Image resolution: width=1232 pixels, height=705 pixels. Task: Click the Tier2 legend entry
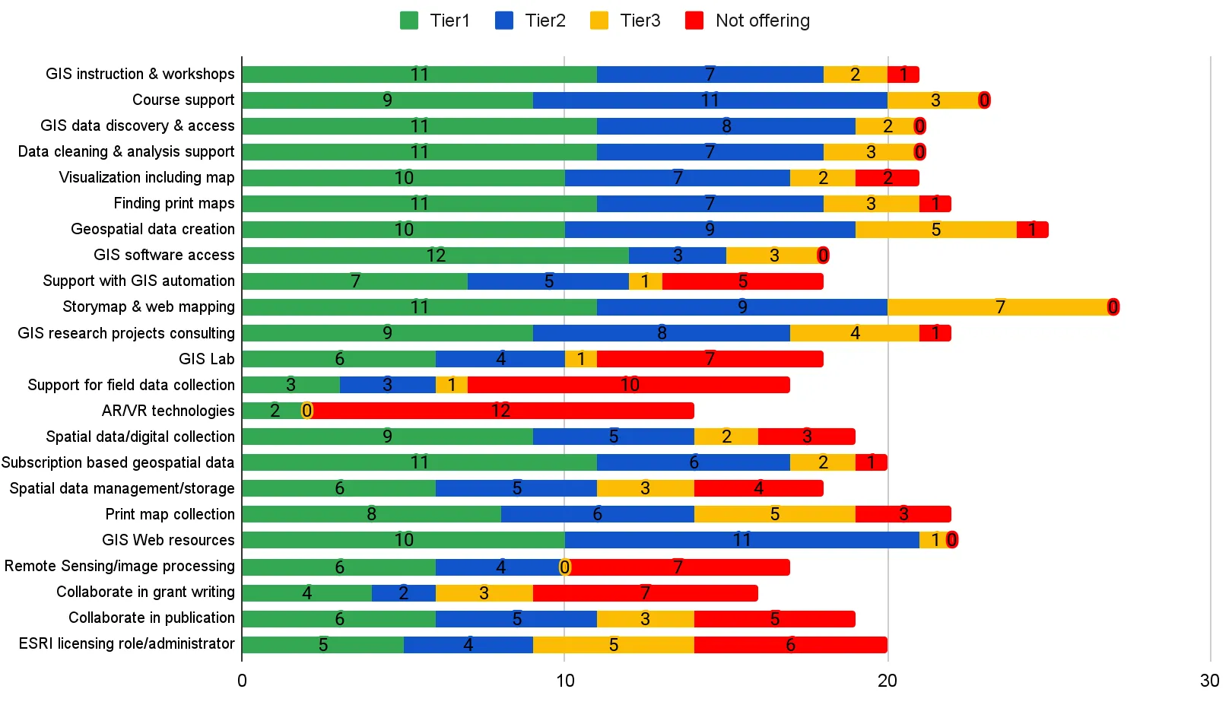pyautogui.click(x=530, y=21)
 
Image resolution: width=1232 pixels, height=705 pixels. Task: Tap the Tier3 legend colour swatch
pyautogui.click(x=599, y=21)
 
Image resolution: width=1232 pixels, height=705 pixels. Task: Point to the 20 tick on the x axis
pyautogui.click(x=887, y=681)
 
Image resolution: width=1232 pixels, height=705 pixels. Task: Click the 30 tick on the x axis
pyautogui.click(x=1209, y=681)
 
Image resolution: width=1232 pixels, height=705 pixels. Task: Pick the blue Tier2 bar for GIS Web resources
pyautogui.click(x=741, y=540)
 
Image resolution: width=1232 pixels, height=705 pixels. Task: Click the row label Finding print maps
pyautogui.click(x=174, y=203)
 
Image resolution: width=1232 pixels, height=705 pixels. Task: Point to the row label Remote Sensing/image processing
pyautogui.click(x=119, y=566)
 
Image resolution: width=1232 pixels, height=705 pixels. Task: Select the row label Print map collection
pyautogui.click(x=170, y=514)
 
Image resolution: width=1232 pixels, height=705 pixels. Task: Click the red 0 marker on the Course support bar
pyautogui.click(x=984, y=100)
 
